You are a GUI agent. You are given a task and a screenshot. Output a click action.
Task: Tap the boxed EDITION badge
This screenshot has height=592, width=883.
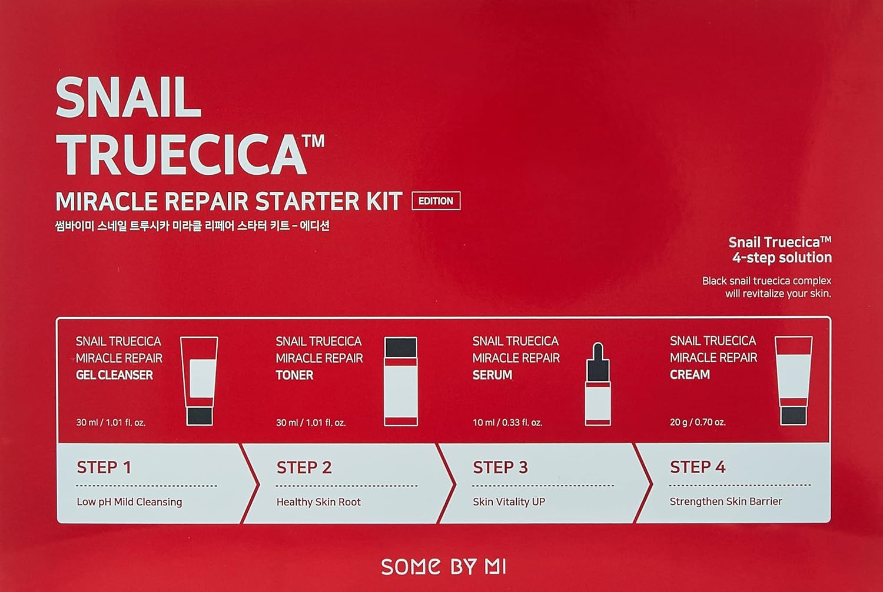(x=436, y=201)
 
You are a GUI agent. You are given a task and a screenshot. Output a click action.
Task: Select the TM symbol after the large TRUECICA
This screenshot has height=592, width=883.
(x=316, y=141)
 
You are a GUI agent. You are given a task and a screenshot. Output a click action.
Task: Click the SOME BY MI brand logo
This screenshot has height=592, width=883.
(x=443, y=567)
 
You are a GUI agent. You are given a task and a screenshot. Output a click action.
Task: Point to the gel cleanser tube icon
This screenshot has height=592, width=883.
(x=199, y=381)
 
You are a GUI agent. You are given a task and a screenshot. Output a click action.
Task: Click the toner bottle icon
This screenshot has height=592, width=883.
(x=400, y=381)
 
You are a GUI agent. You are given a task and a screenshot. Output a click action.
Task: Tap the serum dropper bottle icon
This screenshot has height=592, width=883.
(x=597, y=385)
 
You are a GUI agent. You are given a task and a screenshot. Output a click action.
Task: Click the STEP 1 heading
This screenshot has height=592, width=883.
(x=104, y=467)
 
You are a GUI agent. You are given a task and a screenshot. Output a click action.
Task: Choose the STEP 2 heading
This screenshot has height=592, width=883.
(x=304, y=467)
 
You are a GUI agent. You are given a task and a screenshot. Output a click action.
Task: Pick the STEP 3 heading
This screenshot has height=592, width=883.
(x=500, y=467)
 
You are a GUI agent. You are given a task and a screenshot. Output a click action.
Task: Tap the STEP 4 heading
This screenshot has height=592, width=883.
(x=698, y=467)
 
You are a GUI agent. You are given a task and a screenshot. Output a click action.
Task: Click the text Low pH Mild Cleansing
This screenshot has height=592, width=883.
(x=130, y=502)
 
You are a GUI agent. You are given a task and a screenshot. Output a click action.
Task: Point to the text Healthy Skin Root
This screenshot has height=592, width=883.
(x=318, y=502)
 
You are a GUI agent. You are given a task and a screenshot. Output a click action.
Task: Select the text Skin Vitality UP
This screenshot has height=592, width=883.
(x=509, y=502)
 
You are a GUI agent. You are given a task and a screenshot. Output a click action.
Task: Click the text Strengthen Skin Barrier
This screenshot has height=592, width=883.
(x=726, y=501)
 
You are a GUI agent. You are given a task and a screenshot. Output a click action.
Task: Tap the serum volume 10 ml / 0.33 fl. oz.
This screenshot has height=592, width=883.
(x=507, y=423)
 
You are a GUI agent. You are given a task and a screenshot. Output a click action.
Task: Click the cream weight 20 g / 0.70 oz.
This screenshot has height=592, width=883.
(x=698, y=422)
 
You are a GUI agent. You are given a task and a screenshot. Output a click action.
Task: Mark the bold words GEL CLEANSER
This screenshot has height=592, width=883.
(x=114, y=375)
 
